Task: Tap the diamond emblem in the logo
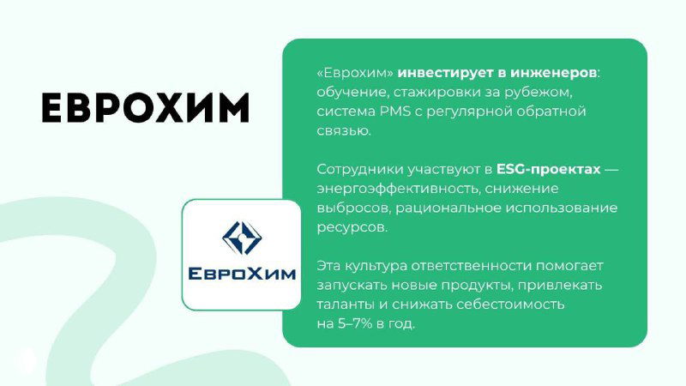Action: coord(242,238)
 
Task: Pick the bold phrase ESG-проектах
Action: coord(548,169)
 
